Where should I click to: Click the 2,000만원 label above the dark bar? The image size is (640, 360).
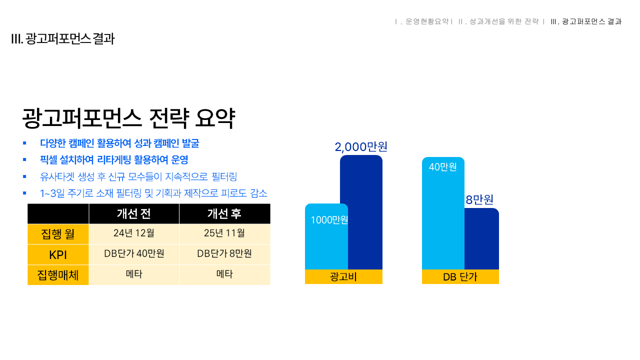tap(361, 147)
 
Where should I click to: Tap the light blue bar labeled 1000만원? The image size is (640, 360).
tap(326, 240)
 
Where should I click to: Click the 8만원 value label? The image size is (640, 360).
tap(479, 200)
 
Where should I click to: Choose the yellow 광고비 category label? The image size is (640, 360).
tap(343, 277)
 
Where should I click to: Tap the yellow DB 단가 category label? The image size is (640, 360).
tap(460, 277)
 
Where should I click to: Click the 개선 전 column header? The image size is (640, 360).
tap(134, 214)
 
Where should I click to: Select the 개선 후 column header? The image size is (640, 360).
tap(224, 214)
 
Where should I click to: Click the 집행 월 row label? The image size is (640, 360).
tap(58, 234)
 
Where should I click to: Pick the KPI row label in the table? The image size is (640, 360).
tap(58, 255)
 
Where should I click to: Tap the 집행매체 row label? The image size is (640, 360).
tap(58, 275)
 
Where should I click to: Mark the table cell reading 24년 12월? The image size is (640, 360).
tap(134, 233)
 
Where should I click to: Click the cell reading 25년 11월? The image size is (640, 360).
tap(224, 233)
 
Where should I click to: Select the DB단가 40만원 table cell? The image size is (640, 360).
tap(134, 254)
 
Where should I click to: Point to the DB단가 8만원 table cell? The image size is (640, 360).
tap(224, 254)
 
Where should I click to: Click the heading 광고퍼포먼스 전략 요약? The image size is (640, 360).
tap(128, 119)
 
